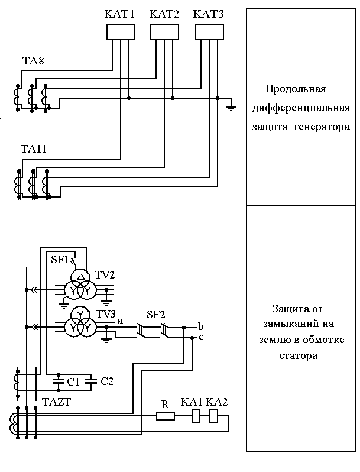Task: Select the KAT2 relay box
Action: click(164, 33)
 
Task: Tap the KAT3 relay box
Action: click(209, 33)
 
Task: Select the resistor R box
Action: click(166, 416)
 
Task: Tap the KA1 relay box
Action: click(197, 416)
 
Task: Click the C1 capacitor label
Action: click(73, 382)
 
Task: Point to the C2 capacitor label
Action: click(107, 381)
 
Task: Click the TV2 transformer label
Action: click(105, 275)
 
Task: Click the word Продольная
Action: click(296, 89)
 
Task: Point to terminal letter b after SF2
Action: click(201, 326)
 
